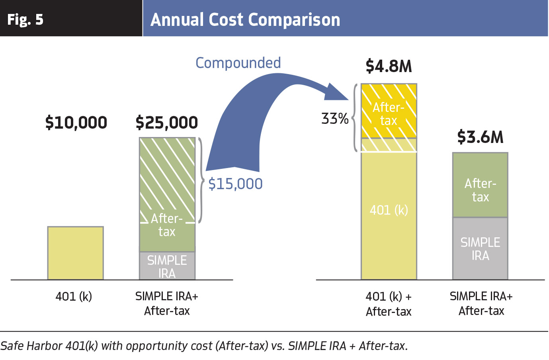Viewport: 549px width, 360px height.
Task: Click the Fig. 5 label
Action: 25,20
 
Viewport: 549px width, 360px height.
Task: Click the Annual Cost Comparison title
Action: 245,20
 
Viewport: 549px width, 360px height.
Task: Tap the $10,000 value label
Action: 76,122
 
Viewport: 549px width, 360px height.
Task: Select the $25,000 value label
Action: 167,122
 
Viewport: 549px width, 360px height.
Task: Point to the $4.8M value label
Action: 389,66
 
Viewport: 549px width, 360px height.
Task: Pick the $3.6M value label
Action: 480,137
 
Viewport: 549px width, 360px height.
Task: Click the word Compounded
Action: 238,63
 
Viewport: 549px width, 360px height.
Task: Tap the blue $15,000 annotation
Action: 235,184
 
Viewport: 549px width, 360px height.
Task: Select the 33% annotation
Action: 335,119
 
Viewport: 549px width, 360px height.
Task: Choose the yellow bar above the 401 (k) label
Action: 76,253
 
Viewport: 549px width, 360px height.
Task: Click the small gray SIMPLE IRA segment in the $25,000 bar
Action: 167,266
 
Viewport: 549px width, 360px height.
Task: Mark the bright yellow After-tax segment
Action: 389,111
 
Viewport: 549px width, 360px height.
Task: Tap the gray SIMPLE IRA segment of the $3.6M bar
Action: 480,248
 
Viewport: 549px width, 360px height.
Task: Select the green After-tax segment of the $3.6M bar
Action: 480,185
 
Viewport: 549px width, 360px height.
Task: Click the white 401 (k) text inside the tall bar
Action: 389,210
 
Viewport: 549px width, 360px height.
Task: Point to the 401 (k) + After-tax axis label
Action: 389,304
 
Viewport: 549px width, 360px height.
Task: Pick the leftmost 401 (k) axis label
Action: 74,297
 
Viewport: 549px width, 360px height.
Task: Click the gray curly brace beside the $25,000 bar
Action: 201,180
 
